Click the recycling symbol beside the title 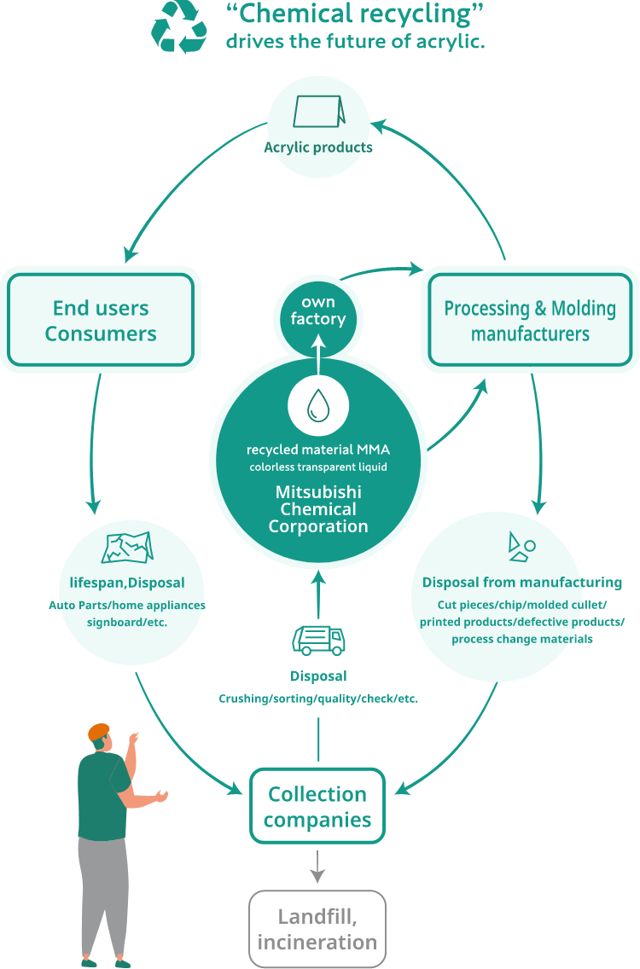pos(178,26)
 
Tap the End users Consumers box pos(101,320)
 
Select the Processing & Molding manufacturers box pos(530,320)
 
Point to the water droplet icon pos(317,405)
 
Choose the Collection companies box pos(317,807)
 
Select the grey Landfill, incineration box pos(317,930)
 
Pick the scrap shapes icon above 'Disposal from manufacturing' pos(521,548)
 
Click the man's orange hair pos(99,731)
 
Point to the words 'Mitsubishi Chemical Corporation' pos(318,509)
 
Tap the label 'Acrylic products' pos(317,147)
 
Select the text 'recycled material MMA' pos(318,450)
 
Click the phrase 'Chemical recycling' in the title pos(355,15)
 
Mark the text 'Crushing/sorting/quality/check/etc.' pos(318,699)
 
